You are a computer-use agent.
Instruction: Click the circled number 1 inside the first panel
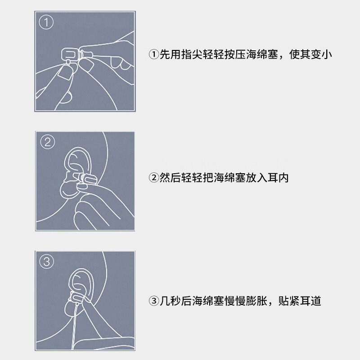click(46, 22)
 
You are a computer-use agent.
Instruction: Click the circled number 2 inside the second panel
click(48, 142)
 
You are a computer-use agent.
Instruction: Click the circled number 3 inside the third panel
click(47, 261)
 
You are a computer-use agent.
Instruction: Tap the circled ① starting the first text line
click(153, 54)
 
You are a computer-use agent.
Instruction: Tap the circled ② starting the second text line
click(153, 177)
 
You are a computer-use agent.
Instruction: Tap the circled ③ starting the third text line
click(153, 301)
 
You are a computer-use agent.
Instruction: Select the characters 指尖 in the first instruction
click(192, 54)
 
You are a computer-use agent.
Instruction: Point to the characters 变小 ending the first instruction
click(321, 54)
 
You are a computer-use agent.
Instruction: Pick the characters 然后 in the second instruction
click(170, 177)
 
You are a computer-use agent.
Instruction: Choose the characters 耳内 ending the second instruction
click(278, 177)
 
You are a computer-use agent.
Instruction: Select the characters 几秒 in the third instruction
click(170, 301)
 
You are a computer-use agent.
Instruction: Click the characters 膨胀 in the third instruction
click(256, 301)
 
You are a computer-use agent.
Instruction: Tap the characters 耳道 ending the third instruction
click(310, 301)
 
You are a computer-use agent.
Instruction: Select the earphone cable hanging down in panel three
click(75, 326)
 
